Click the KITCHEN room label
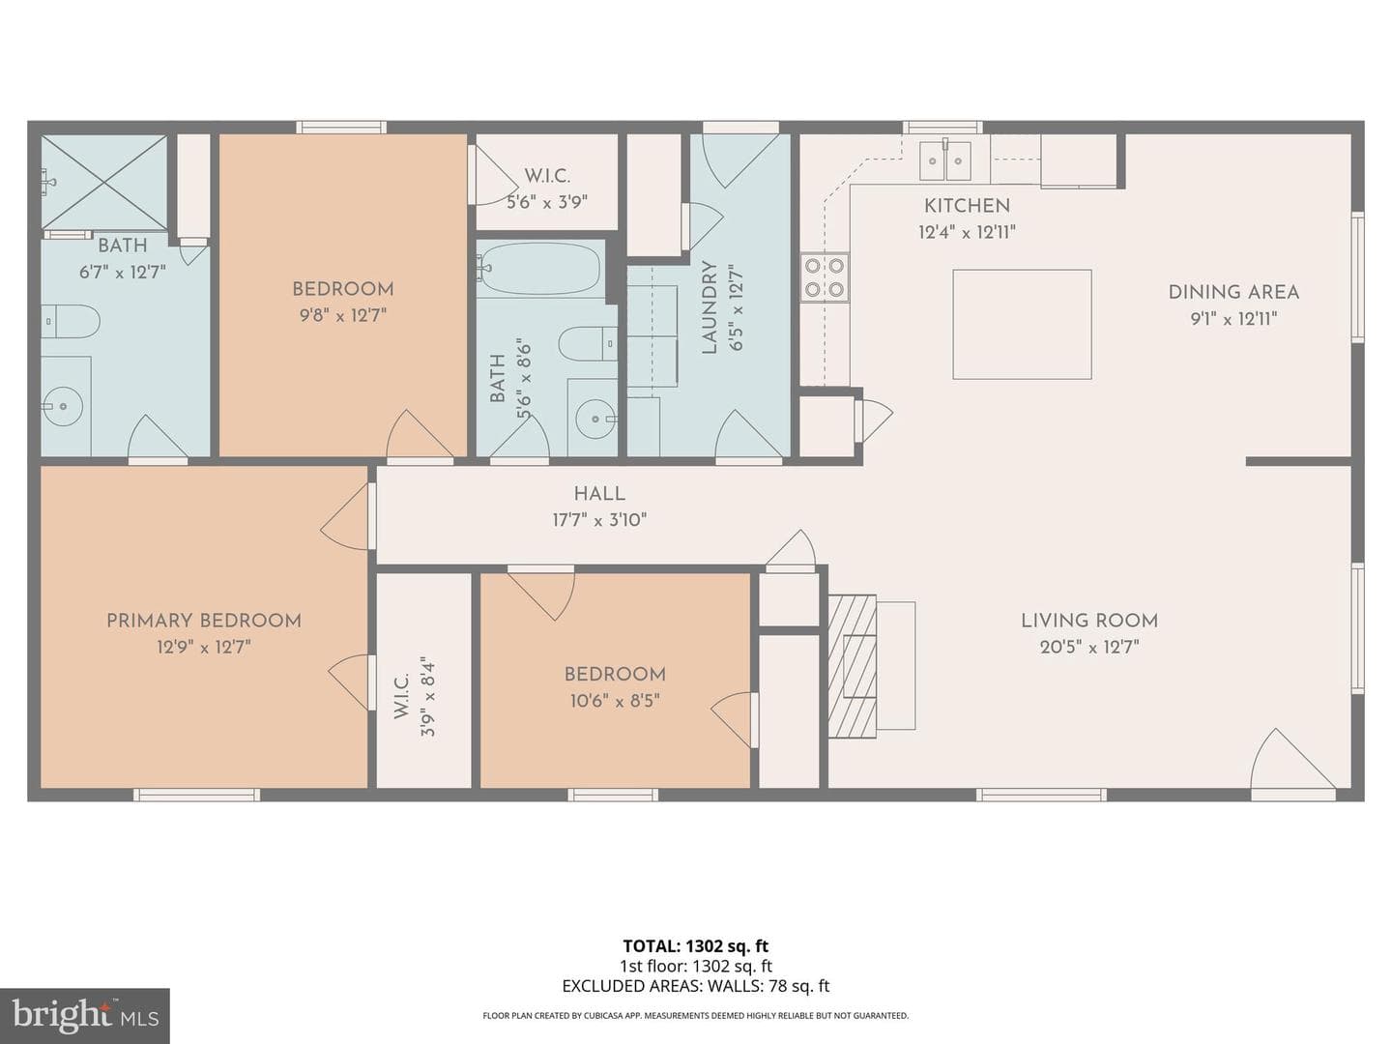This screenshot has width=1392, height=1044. pos(967,206)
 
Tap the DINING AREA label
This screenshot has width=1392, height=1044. pos(1233,292)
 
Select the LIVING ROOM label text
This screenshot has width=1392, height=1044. pos(1088,621)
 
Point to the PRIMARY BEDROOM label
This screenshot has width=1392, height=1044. pos(204,621)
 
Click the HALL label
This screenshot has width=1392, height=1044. pos(599,494)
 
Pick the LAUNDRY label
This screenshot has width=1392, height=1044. pos(709,307)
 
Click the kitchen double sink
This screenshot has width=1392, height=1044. pos(944,161)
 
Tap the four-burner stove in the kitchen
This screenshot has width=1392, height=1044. pos(825,277)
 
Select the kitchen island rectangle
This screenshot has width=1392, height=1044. pos(1022,325)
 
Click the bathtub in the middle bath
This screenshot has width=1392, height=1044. pos(538,269)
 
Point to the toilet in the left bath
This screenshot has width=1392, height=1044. pos(71,322)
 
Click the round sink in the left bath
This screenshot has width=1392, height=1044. pos(62,406)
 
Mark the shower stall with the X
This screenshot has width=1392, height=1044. pos(104,182)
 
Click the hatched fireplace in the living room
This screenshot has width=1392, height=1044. pos(853,666)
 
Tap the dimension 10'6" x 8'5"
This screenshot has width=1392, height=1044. pos(615,701)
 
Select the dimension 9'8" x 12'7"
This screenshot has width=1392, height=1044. pos(342,315)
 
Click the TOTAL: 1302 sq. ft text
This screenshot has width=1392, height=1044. pos(696,946)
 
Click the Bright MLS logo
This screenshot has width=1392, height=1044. pos(85,1017)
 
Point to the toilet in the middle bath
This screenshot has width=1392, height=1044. pos(588,343)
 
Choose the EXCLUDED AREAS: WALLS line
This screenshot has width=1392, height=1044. pos(696,986)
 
